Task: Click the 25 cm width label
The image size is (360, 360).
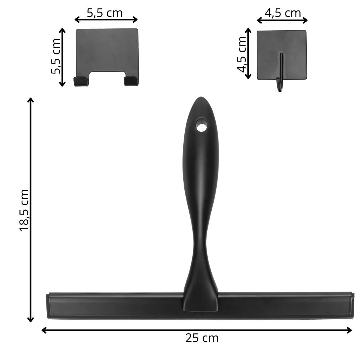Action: [202, 338]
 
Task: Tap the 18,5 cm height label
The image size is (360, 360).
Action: [24, 211]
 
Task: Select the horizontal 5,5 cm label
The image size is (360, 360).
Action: [105, 13]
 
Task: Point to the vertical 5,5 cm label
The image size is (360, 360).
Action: [56, 57]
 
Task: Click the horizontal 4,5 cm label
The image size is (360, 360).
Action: [283, 13]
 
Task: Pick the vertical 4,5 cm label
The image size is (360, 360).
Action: [242, 54]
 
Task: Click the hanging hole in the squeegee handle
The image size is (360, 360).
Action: [201, 125]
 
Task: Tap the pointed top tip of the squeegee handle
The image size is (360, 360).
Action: [201, 97]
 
